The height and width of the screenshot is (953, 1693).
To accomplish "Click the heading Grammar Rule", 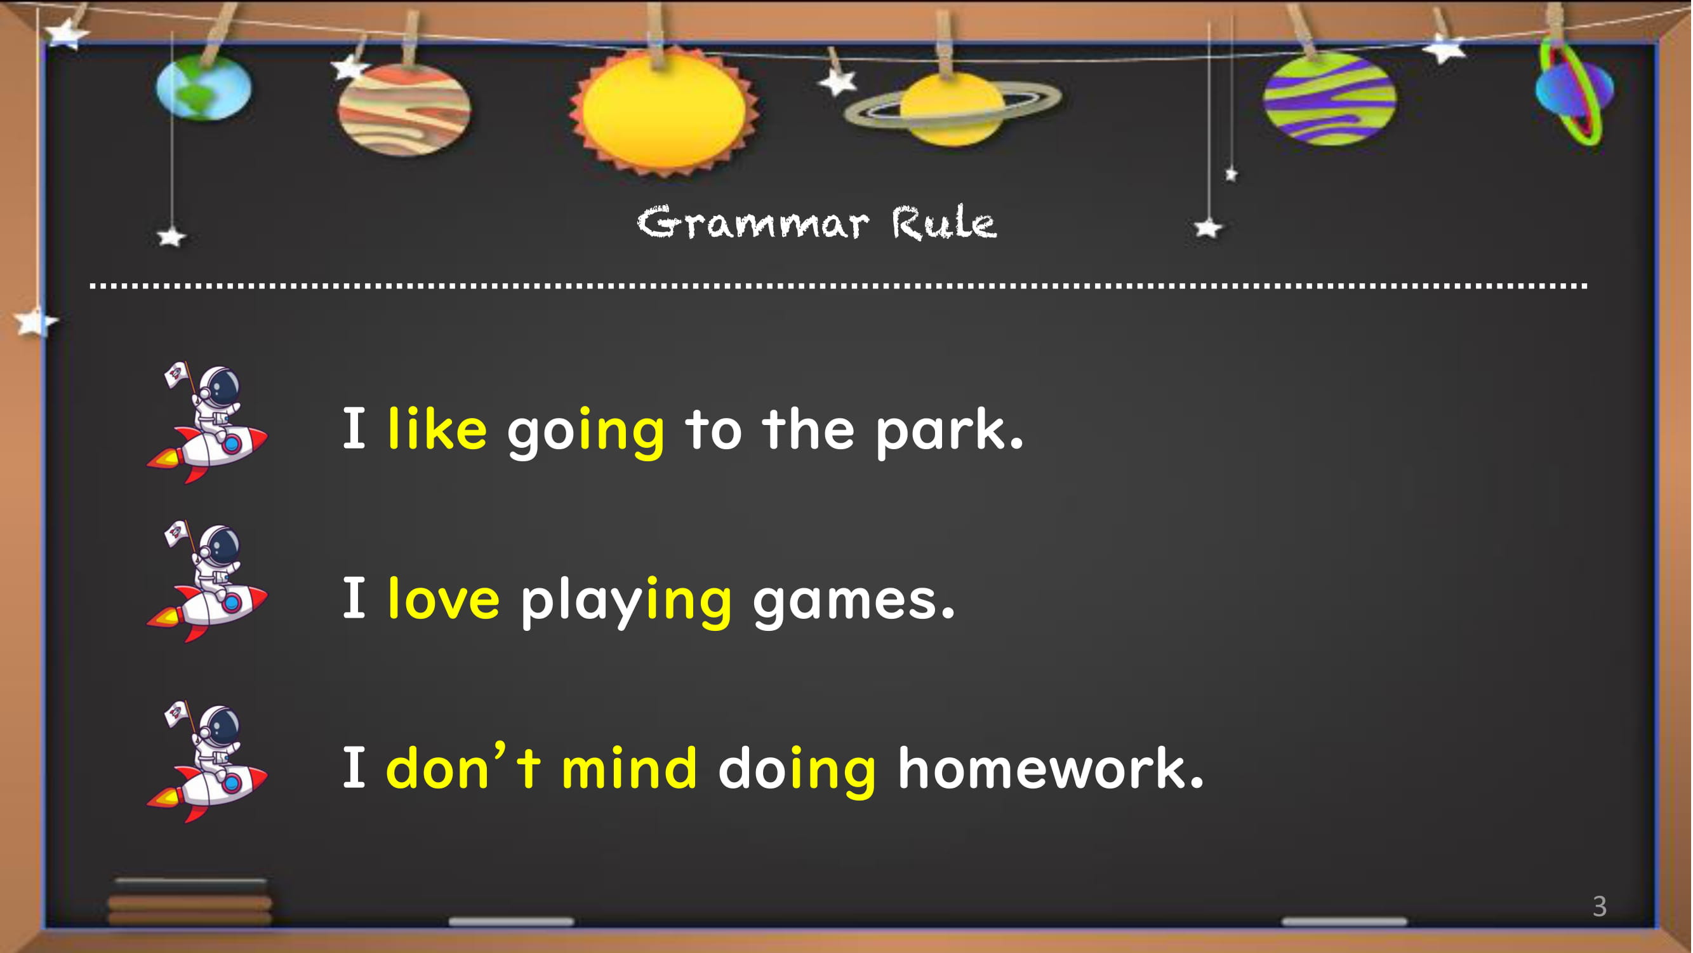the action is pos(817,222).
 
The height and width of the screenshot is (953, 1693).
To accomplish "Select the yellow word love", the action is pos(444,598).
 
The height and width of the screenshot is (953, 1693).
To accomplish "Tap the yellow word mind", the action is pos(629,767).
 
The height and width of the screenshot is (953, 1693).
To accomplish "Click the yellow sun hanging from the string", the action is pos(664,112).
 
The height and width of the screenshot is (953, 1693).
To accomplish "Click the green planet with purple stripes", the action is pos(1329,98).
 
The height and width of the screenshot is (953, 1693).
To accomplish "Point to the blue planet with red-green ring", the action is pos(1576,92).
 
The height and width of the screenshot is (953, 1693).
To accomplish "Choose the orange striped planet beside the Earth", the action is pos(404,110).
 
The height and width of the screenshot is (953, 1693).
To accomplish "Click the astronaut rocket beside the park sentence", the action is pos(207,422).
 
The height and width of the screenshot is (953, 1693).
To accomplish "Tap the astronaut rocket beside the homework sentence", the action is pos(207,762).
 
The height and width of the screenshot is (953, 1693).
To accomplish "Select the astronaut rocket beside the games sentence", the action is pos(207,581).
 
